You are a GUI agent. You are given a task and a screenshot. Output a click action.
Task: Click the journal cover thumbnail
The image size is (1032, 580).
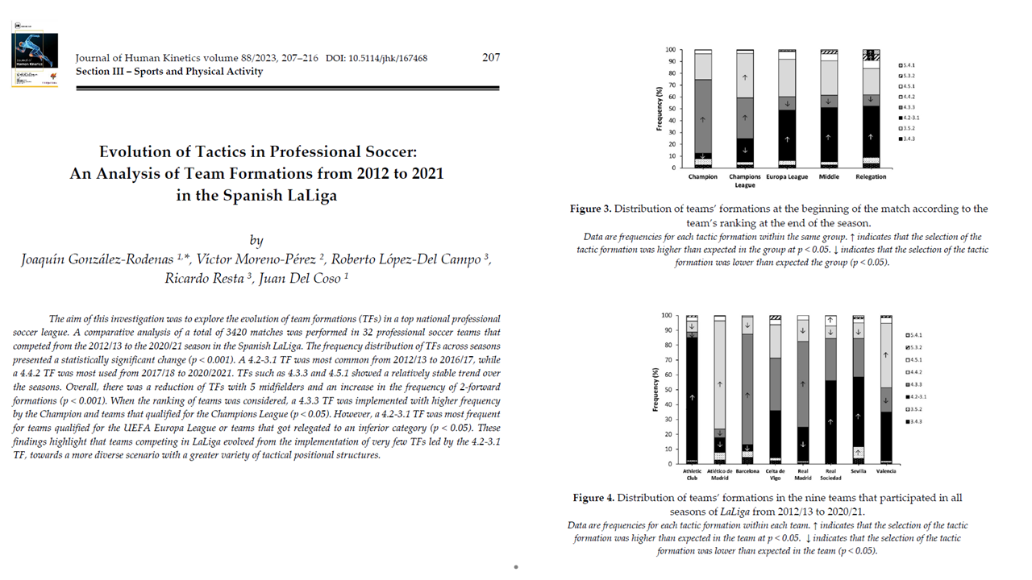pyautogui.click(x=35, y=53)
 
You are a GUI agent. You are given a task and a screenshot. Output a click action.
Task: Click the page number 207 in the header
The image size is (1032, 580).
pyautogui.click(x=491, y=57)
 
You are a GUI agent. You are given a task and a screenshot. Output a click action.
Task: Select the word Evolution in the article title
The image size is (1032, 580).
pyautogui.click(x=136, y=151)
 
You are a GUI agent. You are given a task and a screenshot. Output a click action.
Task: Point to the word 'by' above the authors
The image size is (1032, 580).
pyautogui.click(x=256, y=240)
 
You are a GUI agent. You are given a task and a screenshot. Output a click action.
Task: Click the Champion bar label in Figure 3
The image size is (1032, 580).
pyautogui.click(x=702, y=177)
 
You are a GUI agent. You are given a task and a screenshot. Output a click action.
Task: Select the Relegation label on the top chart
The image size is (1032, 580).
pyautogui.click(x=871, y=177)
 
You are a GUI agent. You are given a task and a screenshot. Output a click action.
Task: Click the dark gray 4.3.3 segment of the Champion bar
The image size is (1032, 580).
pyautogui.click(x=703, y=116)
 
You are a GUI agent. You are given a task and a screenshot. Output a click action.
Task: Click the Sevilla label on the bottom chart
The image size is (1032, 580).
pyautogui.click(x=858, y=471)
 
